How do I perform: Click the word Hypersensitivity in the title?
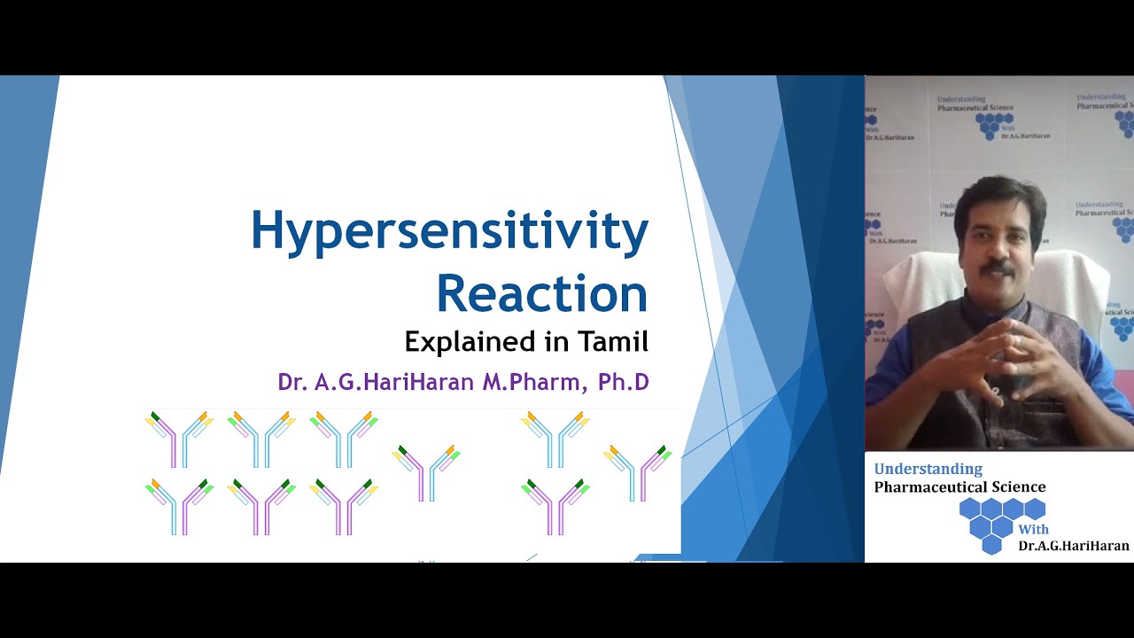point(449,232)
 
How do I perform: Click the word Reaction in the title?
point(541,294)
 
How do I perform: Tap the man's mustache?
point(998,265)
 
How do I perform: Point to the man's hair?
point(1000,191)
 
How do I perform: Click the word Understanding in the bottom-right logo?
point(928,469)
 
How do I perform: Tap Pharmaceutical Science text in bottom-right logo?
point(959,486)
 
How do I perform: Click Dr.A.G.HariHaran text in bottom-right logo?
point(1074,546)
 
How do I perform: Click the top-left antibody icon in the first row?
point(179,438)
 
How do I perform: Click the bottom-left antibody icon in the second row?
point(179,506)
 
